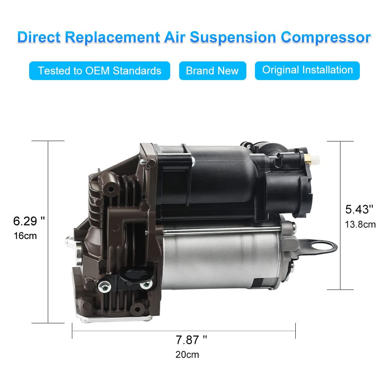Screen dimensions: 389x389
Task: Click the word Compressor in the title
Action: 326,37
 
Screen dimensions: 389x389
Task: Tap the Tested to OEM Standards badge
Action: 99,71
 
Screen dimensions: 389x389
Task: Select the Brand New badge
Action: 212,71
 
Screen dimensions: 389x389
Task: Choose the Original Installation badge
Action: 307,70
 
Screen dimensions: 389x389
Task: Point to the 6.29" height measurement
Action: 29,221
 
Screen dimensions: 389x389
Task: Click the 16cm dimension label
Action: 25,235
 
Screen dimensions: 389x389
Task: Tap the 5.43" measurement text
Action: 359,209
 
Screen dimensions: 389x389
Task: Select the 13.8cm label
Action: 360,224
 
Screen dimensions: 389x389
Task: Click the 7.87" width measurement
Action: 191,340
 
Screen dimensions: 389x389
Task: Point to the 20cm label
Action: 187,354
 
